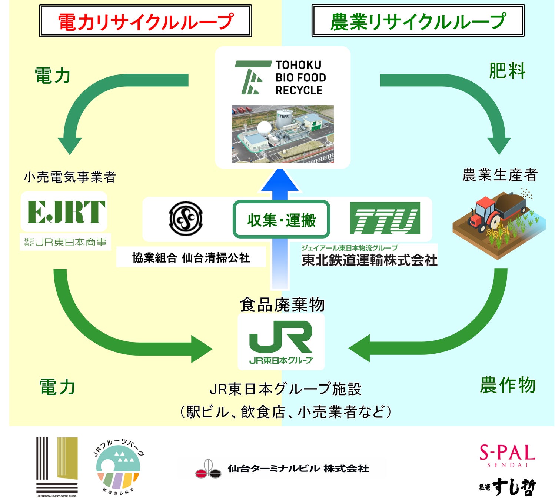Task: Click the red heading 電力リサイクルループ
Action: pyautogui.click(x=145, y=21)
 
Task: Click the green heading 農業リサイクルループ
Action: pyautogui.click(x=418, y=21)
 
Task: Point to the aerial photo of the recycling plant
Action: pyautogui.click(x=282, y=134)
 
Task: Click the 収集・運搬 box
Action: pyautogui.click(x=281, y=220)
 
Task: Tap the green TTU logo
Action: pyautogui.click(x=385, y=218)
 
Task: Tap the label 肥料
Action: pyautogui.click(x=507, y=71)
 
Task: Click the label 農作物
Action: pyautogui.click(x=508, y=385)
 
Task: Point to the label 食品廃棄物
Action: pyautogui.click(x=282, y=305)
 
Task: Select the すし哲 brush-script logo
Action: pyautogui.click(x=508, y=487)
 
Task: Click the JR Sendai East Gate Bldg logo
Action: pyautogui.click(x=57, y=467)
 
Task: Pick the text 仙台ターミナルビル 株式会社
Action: pyautogui.click(x=298, y=469)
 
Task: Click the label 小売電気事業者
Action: pyautogui.click(x=70, y=177)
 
